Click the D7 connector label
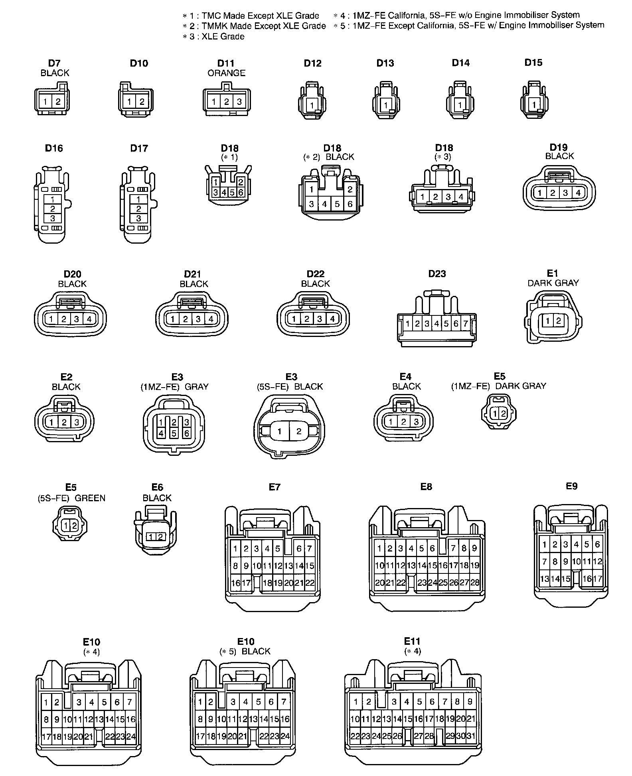pyautogui.click(x=54, y=63)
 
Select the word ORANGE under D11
pyautogui.click(x=226, y=73)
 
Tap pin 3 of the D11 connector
pyautogui.click(x=239, y=102)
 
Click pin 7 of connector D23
pyautogui.click(x=465, y=324)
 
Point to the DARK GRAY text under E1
pyautogui.click(x=553, y=283)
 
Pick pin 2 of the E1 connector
pyautogui.click(x=559, y=321)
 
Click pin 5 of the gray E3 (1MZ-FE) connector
pyautogui.click(x=174, y=433)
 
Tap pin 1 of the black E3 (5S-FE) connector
pyautogui.click(x=280, y=431)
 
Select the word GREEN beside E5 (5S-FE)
pyautogui.click(x=90, y=498)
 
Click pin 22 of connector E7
pyautogui.click(x=310, y=583)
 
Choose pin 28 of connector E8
pyautogui.click(x=475, y=583)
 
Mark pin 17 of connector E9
pyautogui.click(x=597, y=579)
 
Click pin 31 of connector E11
pyautogui.click(x=471, y=736)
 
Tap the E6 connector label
pyautogui.click(x=157, y=487)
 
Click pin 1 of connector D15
pyautogui.click(x=534, y=105)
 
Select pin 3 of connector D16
pyautogui.click(x=53, y=219)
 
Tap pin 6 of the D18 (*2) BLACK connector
pyautogui.click(x=350, y=204)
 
